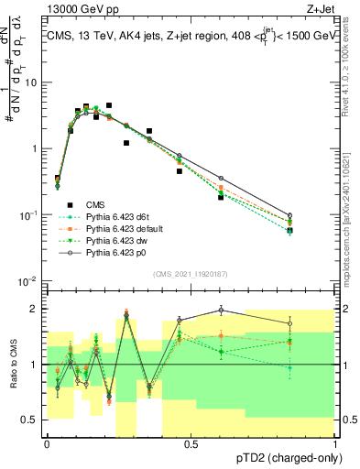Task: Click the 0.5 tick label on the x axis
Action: click(191, 444)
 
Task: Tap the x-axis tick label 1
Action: click(335, 444)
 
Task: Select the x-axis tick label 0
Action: click(47, 444)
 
